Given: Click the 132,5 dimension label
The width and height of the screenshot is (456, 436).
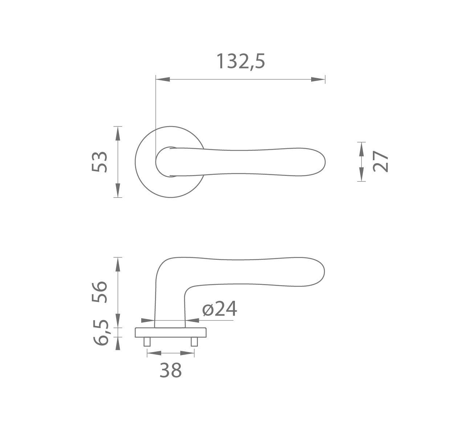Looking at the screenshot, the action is pyautogui.click(x=241, y=62).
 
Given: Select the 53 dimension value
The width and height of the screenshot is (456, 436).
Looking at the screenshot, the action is pyautogui.click(x=99, y=162).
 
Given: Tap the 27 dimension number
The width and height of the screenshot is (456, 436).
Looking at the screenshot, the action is pyautogui.click(x=380, y=161).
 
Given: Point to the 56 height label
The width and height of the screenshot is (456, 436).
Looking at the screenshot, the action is pyautogui.click(x=99, y=292).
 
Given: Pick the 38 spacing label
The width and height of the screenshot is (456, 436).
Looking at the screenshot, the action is pyautogui.click(x=171, y=370).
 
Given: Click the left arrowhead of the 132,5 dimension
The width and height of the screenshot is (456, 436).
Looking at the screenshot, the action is pyautogui.click(x=163, y=80).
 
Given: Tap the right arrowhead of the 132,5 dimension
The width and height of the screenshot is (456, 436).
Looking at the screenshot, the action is pyautogui.click(x=318, y=80).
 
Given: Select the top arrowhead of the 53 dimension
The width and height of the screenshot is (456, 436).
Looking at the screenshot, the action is pyautogui.click(x=118, y=133).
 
